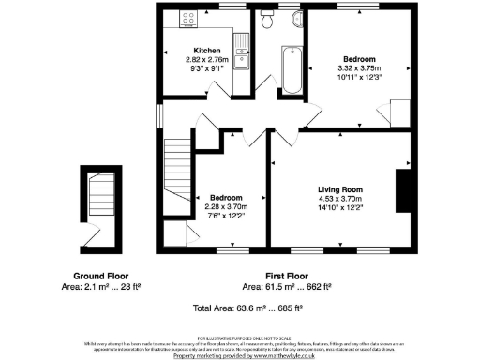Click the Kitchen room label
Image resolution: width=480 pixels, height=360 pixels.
click(207, 51)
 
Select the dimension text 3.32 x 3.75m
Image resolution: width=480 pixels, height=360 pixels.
click(357, 67)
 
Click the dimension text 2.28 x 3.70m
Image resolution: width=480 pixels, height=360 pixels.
click(227, 207)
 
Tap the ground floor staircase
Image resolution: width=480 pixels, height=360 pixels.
click(99, 202)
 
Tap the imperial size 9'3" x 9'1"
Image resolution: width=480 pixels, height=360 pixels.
click(207, 68)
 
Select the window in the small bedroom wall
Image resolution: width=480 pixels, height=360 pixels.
click(230, 250)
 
